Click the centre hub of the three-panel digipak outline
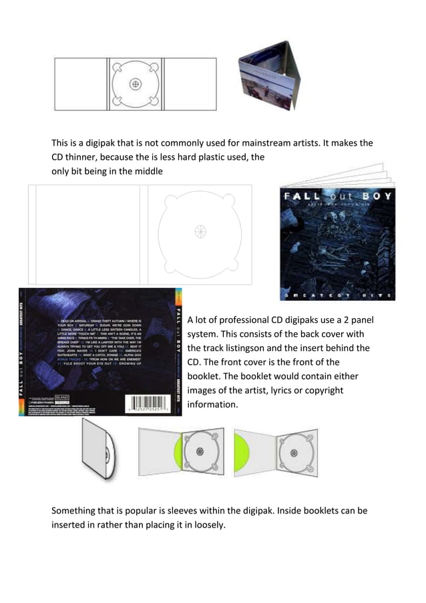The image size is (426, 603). point(136,84)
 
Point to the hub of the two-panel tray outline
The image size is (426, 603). point(199,232)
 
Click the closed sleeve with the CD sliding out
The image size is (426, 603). point(100,448)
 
